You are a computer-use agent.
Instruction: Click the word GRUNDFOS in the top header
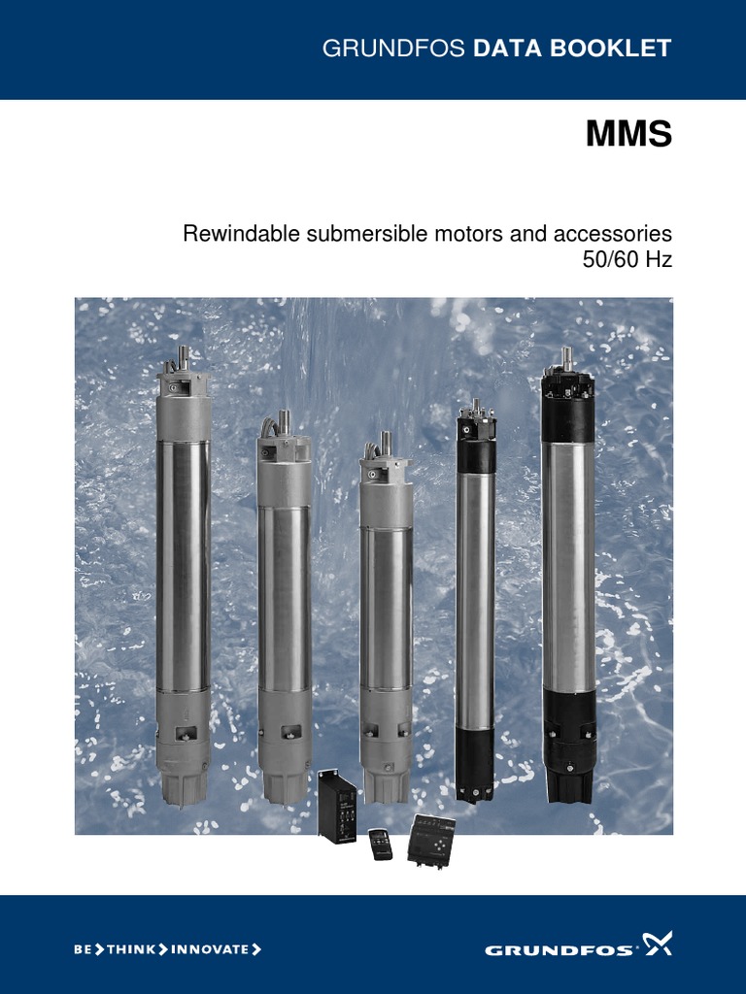(393, 49)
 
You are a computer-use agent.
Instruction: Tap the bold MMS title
(628, 134)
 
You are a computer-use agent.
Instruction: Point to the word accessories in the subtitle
(613, 233)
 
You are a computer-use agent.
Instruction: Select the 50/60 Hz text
(627, 260)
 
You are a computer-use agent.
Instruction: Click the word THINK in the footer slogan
(131, 949)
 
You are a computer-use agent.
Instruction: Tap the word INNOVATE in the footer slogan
(210, 949)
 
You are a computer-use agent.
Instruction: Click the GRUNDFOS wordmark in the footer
(559, 950)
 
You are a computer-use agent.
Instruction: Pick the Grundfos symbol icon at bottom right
(658, 944)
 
